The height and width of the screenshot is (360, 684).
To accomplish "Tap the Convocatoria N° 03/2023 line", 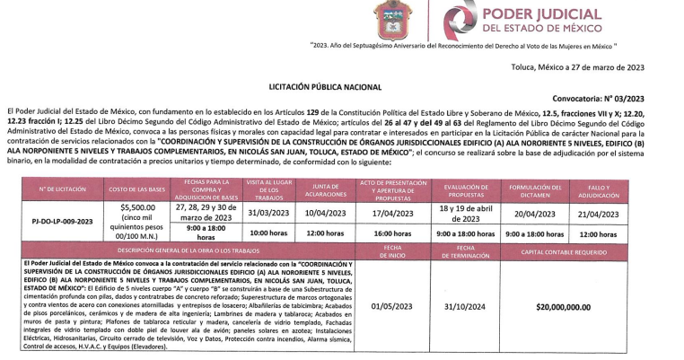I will [619, 99].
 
